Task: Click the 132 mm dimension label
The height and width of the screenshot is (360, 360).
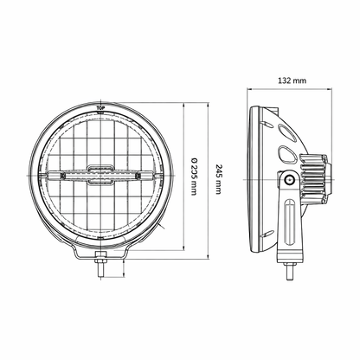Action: pos(292,80)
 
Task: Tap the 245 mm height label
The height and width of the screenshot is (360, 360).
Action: pos(219,179)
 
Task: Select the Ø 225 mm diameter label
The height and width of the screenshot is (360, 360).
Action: pos(194,176)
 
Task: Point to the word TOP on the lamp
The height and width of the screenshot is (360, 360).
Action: pos(100,108)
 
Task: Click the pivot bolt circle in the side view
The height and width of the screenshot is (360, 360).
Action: pos(289,180)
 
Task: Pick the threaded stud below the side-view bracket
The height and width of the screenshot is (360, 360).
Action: pos(290,272)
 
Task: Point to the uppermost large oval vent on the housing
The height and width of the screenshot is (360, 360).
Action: pos(287,133)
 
